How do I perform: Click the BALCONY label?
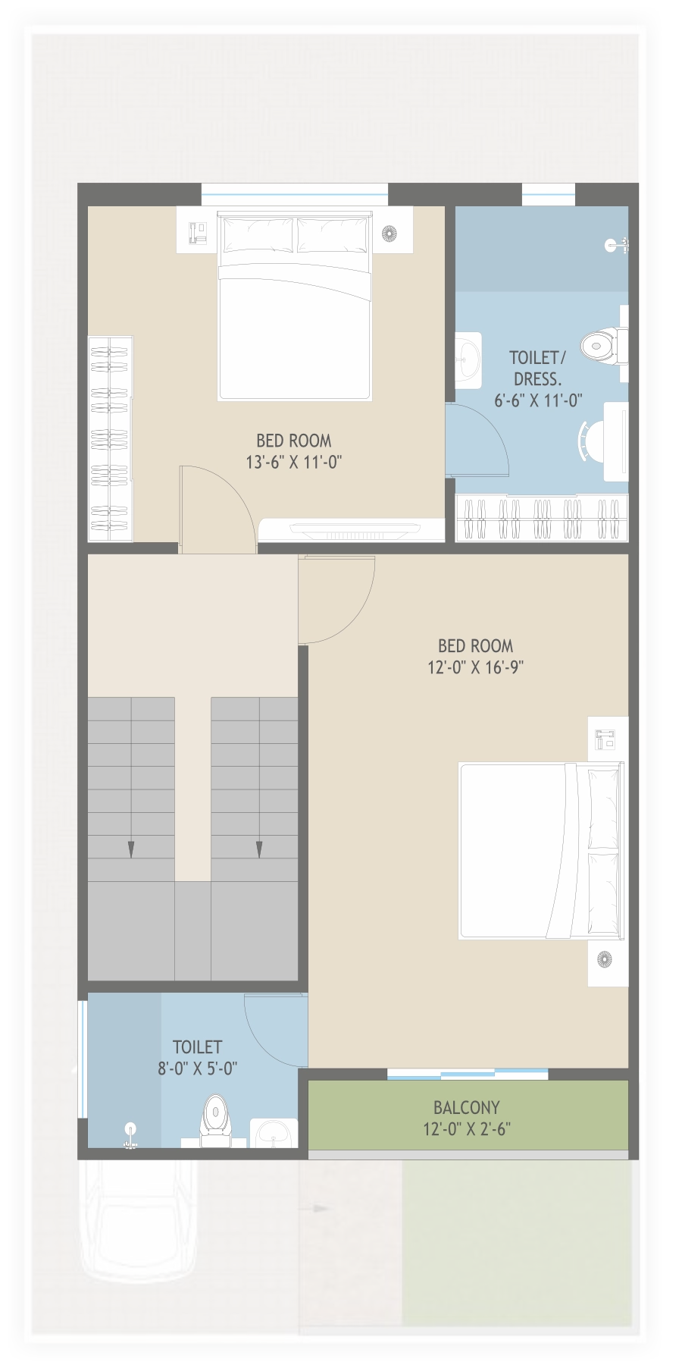point(466,1106)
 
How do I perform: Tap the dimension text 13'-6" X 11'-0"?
point(293,462)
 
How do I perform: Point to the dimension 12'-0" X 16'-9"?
point(475,667)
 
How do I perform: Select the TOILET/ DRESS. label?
point(537,368)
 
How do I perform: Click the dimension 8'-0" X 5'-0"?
point(197,1068)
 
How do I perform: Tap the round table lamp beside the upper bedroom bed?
point(389,234)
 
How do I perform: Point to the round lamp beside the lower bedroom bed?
point(604,959)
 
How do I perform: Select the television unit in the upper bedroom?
point(352,529)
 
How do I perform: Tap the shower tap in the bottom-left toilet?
point(130,1134)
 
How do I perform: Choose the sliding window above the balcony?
point(468,1073)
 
